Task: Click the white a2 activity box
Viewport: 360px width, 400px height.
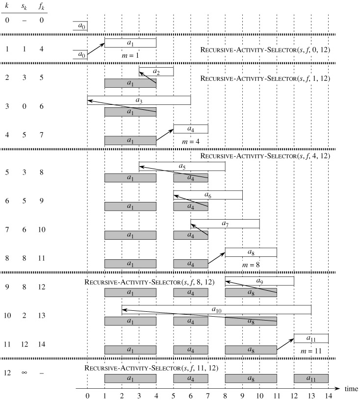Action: coord(156,72)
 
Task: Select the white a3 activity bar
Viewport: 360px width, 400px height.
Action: coord(139,100)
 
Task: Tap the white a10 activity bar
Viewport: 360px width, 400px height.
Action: coord(216,310)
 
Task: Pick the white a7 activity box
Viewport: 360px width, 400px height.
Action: coord(225,224)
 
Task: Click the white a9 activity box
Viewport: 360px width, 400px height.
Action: coord(259,281)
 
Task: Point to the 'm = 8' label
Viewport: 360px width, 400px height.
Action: coord(251,265)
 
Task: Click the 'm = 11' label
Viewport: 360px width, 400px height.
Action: coord(311,351)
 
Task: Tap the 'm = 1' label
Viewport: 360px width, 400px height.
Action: coord(130,55)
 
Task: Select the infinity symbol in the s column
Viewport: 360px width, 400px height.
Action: coord(24,373)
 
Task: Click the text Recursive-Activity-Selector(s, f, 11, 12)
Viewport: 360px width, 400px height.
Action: coord(151,368)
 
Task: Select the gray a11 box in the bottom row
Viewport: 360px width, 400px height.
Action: coord(311,378)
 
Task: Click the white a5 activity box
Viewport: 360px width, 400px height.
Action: coord(182,167)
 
